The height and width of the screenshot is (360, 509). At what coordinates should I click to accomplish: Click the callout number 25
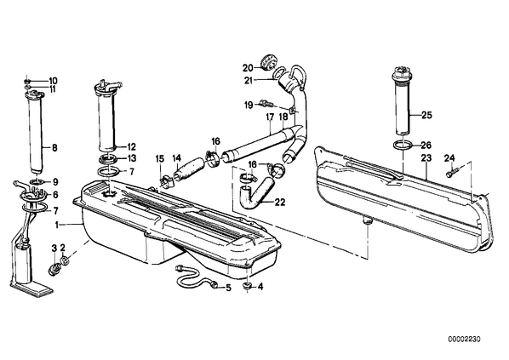click(x=427, y=115)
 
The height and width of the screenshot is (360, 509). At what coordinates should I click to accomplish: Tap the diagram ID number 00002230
click(x=464, y=340)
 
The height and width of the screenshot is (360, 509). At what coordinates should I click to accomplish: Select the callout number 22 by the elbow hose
click(x=279, y=203)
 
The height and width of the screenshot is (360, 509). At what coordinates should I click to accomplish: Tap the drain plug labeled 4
click(x=248, y=287)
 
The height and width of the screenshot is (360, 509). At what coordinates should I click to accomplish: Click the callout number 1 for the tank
click(x=57, y=225)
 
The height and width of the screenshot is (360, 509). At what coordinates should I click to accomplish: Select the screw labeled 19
click(x=266, y=103)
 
